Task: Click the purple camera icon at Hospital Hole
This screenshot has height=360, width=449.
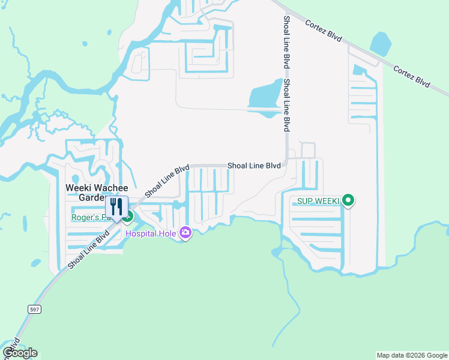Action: point(185,232)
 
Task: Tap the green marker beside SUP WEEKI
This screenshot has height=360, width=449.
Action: point(348,200)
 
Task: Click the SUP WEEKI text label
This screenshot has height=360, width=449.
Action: point(318,200)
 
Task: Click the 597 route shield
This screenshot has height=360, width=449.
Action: point(34,308)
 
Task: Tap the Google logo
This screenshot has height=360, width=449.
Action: point(20,352)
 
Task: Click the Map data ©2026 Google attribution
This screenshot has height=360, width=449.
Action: point(412,355)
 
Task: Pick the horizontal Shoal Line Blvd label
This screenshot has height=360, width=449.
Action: point(254,166)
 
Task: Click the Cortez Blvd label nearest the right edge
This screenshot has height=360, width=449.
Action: point(411,74)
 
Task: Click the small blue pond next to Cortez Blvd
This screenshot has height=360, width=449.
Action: point(381,43)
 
